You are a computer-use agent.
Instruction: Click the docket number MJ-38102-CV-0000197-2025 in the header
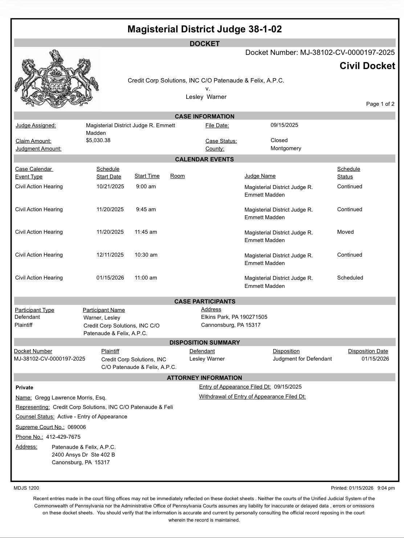coord(347,52)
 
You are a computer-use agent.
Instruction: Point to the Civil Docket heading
coord(367,66)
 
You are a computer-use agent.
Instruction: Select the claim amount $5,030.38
coord(98,140)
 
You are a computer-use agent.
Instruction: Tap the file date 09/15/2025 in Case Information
coord(284,125)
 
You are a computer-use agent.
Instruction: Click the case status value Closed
coord(279,140)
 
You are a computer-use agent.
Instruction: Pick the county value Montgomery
coord(286,148)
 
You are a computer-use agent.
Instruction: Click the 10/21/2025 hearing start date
coord(110,186)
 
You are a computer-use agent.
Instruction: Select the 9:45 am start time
coord(146,209)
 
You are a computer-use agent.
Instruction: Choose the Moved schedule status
coord(345,232)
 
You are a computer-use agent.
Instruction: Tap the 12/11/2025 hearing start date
coord(110,255)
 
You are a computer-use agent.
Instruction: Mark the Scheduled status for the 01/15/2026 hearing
coord(350,278)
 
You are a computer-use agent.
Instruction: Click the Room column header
coord(177,176)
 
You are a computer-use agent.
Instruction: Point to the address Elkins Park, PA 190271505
coord(234,317)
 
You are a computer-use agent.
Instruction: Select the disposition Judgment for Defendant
coord(302,359)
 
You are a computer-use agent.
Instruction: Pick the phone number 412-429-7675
coord(63,437)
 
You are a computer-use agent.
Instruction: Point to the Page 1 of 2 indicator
coord(380,104)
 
